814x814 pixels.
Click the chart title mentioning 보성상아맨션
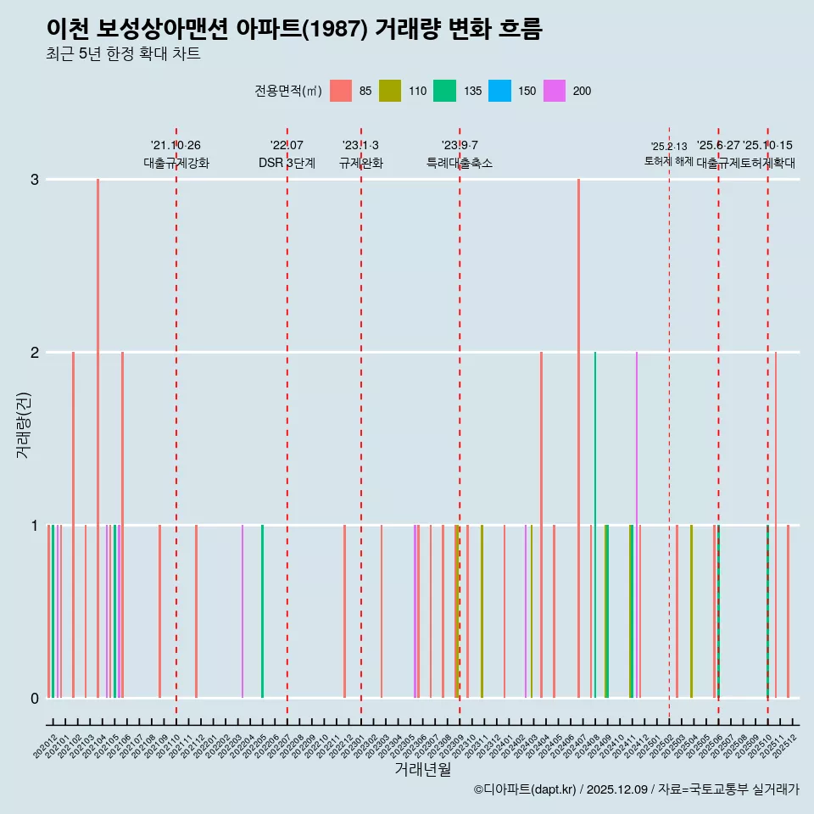point(294,30)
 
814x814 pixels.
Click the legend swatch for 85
point(340,91)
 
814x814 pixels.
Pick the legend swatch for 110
point(389,91)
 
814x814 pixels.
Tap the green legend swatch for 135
point(444,91)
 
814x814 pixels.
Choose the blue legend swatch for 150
point(499,91)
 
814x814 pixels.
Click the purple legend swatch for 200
point(554,91)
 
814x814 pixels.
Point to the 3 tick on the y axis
point(35,179)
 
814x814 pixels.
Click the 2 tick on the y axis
point(35,352)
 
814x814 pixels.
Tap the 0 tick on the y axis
point(35,698)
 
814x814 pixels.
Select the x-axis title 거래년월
point(422,769)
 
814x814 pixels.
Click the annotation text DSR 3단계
point(287,163)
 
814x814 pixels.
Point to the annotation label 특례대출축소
point(459,163)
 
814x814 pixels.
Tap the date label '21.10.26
point(176,146)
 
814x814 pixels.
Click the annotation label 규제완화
point(360,163)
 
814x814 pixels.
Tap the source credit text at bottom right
point(636,789)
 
